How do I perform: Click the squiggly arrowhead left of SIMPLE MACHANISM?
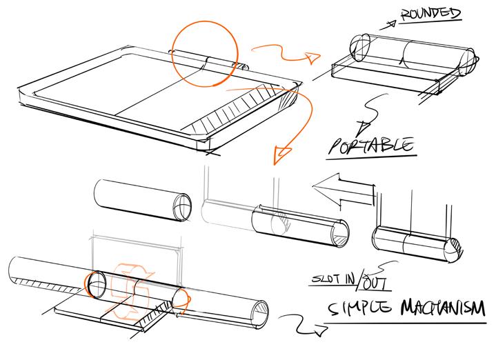320,332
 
